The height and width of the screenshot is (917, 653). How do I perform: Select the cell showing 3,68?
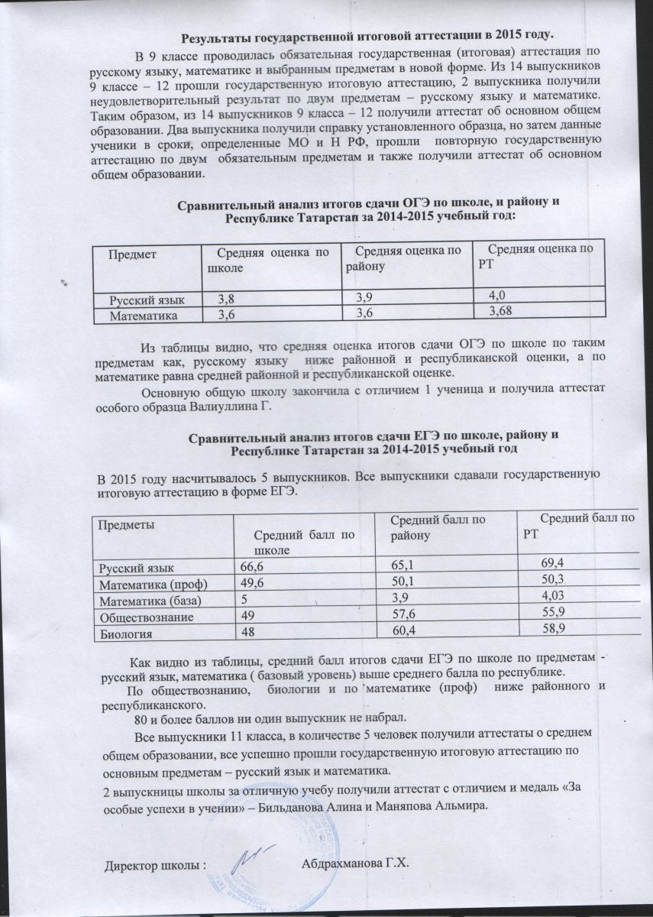tap(500, 310)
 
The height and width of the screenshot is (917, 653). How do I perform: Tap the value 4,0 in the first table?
tap(498, 294)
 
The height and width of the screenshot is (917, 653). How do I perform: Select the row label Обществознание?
tap(144, 616)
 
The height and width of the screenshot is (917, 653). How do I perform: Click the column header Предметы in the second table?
tap(124, 525)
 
